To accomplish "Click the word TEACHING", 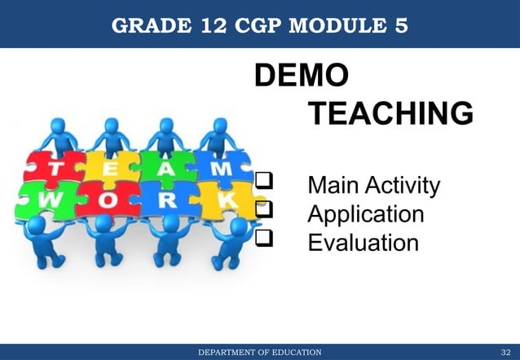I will pos(390,113).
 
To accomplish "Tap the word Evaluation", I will pos(363,243).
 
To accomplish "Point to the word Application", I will pos(365,214).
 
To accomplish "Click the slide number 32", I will pos(505,351).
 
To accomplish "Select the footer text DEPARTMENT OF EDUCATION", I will pos(260,351).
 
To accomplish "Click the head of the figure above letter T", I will pos(59,127).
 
